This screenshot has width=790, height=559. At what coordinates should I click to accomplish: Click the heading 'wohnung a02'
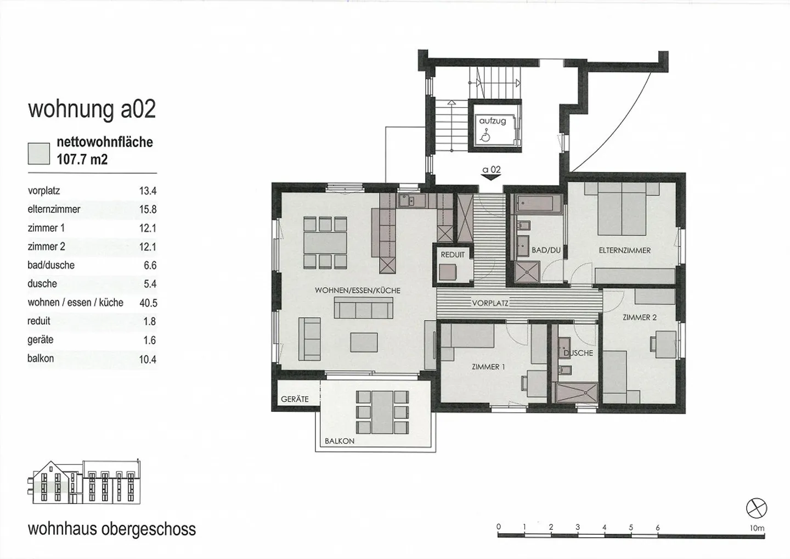[92, 109]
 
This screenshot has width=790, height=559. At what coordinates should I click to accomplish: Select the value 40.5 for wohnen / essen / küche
[148, 303]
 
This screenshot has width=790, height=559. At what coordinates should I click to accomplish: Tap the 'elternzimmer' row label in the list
[54, 209]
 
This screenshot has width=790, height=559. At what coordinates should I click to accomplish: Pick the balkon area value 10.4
[148, 359]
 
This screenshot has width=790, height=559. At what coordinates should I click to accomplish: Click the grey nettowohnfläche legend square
[39, 153]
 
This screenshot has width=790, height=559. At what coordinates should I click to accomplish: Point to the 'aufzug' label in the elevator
[492, 121]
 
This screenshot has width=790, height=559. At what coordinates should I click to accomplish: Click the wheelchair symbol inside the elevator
[485, 135]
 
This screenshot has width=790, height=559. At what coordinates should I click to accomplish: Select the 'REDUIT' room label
[453, 255]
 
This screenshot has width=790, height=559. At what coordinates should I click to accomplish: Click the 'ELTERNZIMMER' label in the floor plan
[624, 250]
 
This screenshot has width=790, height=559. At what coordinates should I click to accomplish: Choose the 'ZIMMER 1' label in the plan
[488, 367]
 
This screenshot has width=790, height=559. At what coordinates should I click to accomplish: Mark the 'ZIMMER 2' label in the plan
[639, 317]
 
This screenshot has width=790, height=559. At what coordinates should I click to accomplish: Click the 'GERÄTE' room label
[295, 399]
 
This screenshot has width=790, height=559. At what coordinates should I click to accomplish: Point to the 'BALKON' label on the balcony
[339, 441]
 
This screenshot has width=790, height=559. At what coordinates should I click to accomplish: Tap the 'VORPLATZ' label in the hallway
[490, 303]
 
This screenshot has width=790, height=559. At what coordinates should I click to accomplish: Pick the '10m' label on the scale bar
[757, 528]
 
